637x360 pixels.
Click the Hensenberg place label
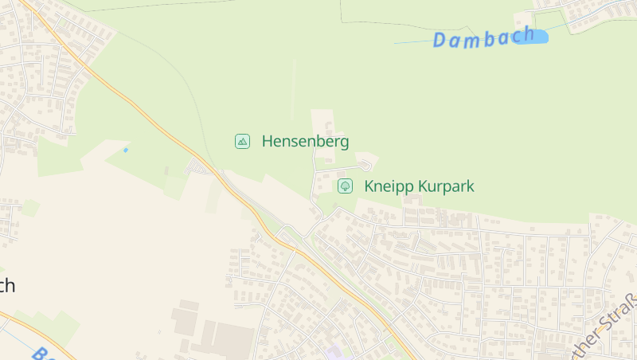[x=305, y=142]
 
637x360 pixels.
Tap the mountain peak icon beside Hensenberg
[x=243, y=142]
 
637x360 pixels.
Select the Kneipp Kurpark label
[x=419, y=186]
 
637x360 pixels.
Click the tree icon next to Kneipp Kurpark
[x=345, y=186]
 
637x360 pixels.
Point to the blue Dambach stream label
[x=483, y=37]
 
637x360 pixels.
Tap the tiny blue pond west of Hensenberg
[x=125, y=150]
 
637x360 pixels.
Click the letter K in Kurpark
[x=422, y=186]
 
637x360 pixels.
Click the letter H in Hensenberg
[x=268, y=142]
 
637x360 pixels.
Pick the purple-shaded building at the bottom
[x=334, y=352]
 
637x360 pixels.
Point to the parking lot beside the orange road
[x=197, y=166]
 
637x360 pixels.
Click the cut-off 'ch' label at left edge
[x=6, y=285]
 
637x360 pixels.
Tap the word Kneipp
[x=385, y=186]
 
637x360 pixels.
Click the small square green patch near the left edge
[x=30, y=208]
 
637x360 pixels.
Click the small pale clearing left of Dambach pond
[x=522, y=20]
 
